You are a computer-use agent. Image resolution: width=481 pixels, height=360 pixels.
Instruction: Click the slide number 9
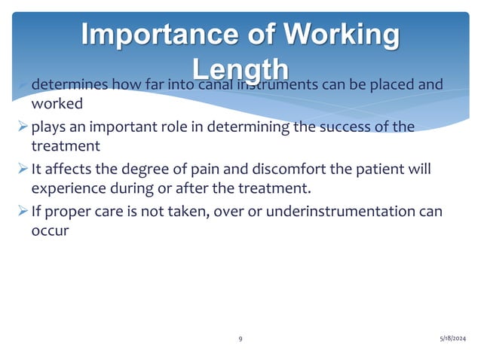pos(240,339)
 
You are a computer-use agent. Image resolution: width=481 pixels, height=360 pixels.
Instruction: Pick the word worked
pos(57,103)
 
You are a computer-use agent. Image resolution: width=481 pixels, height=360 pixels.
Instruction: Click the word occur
pos(50,230)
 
